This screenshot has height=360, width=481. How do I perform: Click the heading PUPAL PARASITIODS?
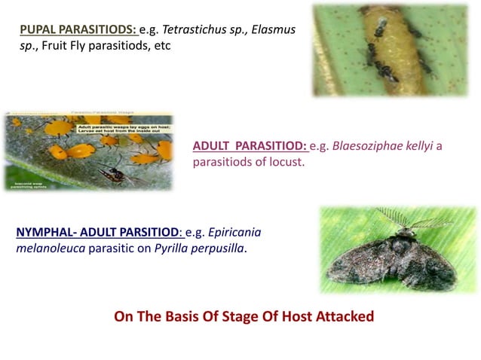(x=78, y=29)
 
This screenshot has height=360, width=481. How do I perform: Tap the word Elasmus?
(x=272, y=29)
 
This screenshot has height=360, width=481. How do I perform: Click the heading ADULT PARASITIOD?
(x=250, y=146)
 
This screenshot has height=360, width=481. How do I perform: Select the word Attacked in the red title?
(x=344, y=316)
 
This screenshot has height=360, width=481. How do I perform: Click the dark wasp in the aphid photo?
(x=113, y=174)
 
